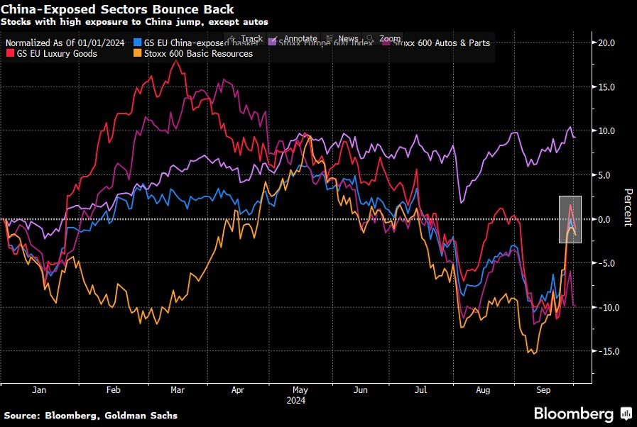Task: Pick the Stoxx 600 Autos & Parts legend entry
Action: [x=440, y=43]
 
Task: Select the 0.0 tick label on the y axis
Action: [x=607, y=219]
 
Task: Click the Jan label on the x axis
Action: [x=39, y=389]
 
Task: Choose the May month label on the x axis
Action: [x=300, y=389]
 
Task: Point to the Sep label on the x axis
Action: [x=543, y=389]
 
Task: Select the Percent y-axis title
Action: [x=627, y=207]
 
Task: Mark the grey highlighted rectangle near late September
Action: [x=570, y=219]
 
